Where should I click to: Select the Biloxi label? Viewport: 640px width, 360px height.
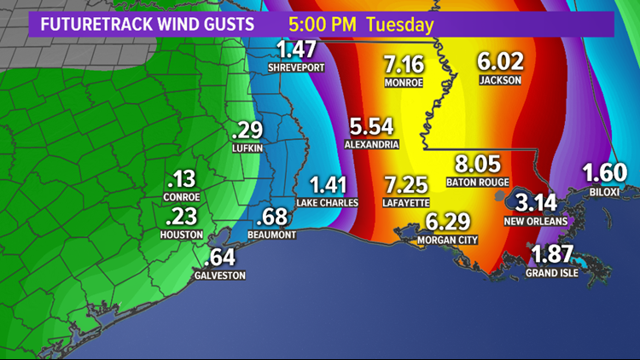pos(606,192)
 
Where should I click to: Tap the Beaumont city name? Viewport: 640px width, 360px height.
pos(273,235)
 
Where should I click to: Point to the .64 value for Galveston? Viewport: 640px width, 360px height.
pos(221,257)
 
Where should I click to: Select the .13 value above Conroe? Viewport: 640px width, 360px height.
pos(182,179)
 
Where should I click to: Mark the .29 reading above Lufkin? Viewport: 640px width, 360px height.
pos(247,131)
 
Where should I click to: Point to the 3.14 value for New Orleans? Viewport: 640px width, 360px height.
pos(535,203)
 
